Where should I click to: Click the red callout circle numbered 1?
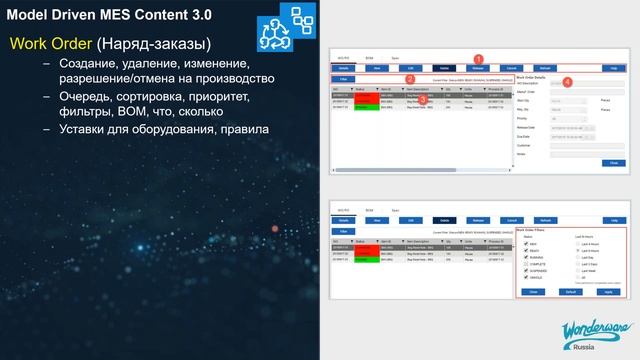coord(479,59)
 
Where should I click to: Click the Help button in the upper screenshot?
coord(612,67)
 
